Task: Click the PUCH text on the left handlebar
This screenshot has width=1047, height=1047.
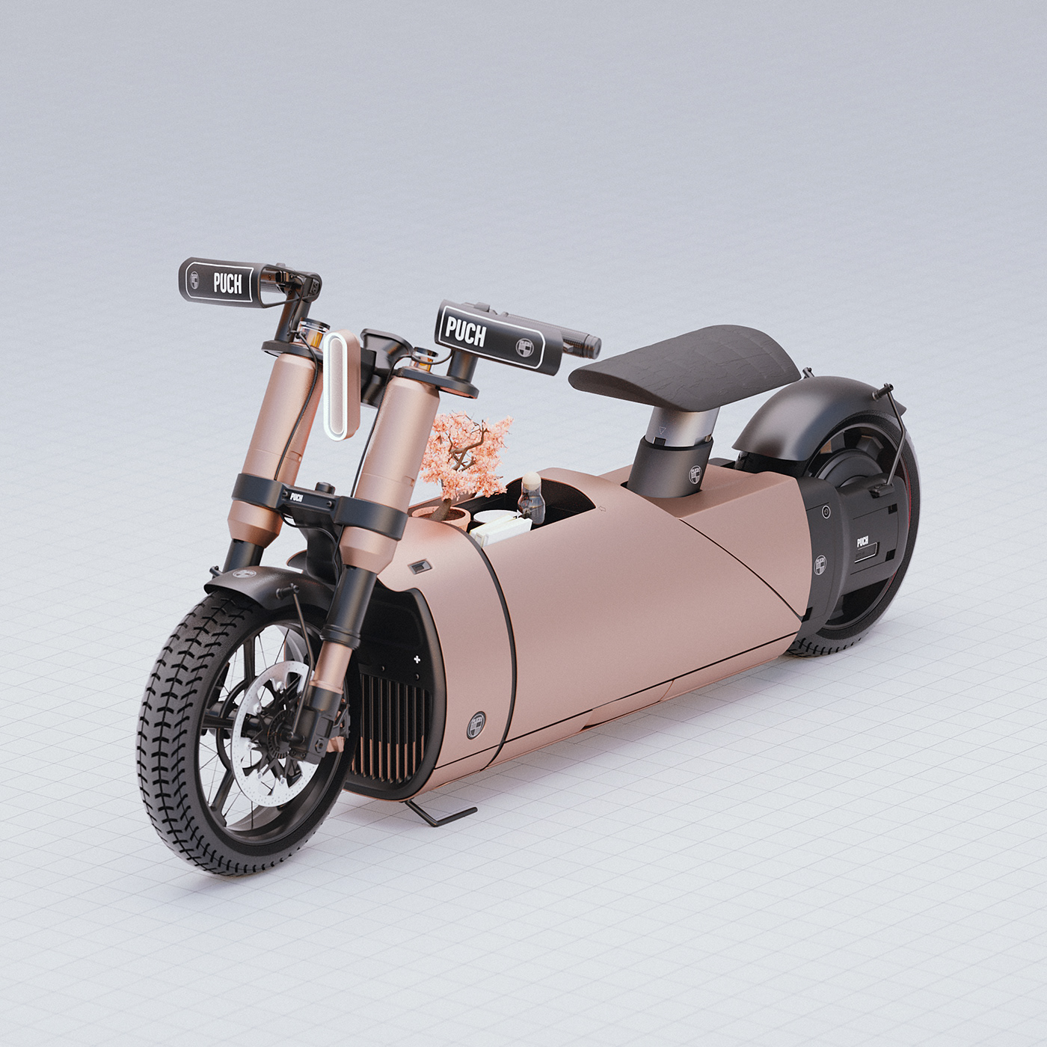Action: coord(227,283)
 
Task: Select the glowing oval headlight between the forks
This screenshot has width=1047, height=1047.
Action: coord(342,384)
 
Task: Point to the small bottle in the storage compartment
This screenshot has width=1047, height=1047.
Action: coord(532,498)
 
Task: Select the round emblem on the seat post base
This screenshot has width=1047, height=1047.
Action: coord(695,474)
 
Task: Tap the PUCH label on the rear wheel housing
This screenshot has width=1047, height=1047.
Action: coord(862,541)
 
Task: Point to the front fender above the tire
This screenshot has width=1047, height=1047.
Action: coord(247,579)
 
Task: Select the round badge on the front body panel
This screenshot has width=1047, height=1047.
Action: coord(476,724)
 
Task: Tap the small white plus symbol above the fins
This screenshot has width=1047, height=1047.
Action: coord(417,659)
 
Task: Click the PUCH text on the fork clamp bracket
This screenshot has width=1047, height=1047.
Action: coord(297,497)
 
